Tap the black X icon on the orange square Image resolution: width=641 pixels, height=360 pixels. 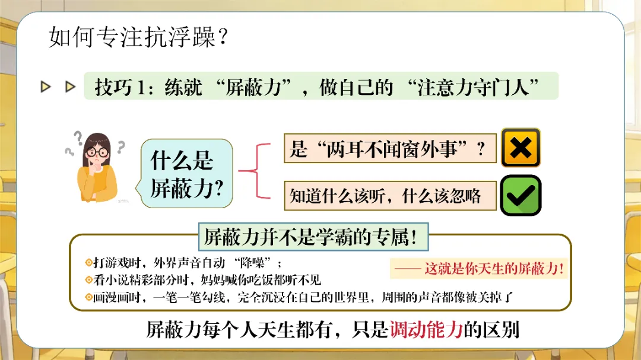[521, 148]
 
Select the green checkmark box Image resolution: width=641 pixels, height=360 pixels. [521, 195]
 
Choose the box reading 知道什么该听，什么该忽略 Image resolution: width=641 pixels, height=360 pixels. [389, 196]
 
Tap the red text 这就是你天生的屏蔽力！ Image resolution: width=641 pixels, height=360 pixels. [494, 269]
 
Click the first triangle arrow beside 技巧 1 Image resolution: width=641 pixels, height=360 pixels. [46, 87]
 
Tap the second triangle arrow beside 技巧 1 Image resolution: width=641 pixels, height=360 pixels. [71, 87]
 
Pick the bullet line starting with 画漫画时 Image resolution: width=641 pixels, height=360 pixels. [299, 297]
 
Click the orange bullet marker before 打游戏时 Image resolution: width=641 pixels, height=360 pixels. [88, 263]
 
